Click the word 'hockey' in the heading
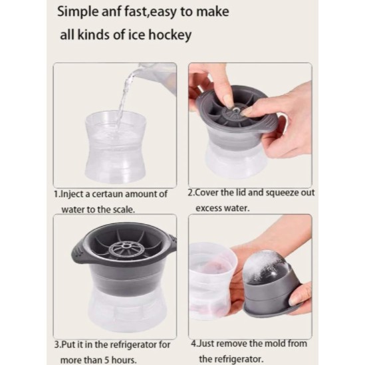pos(170,35)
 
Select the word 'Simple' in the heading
pos(78,13)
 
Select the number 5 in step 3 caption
pos(107,360)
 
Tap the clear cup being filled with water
pos(116,146)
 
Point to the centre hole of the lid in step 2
pos(235,110)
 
